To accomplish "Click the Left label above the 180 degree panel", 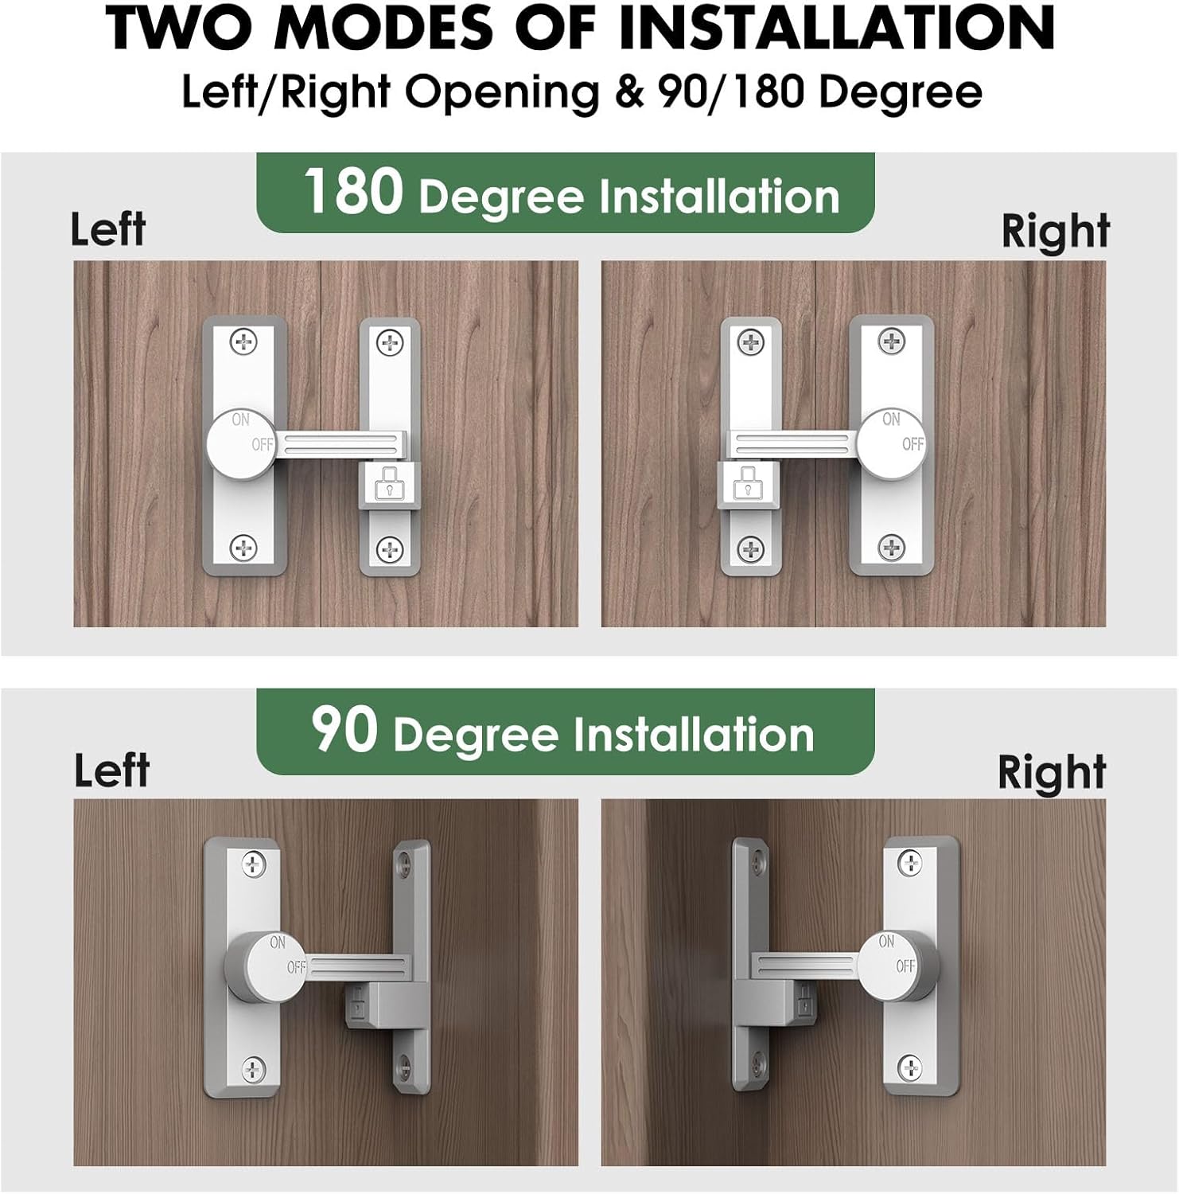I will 108,229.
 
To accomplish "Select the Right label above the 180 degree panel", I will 1055,231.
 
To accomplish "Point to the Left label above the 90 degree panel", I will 111,770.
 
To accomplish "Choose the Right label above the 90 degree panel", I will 1052,772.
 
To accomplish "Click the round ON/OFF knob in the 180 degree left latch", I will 240,443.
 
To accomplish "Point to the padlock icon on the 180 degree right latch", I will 746,485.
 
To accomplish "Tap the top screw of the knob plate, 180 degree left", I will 243,343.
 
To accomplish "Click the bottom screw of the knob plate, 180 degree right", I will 891,548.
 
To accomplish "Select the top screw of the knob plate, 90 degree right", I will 909,861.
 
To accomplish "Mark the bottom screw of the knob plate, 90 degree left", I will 254,1070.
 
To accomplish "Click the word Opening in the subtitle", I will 502,92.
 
